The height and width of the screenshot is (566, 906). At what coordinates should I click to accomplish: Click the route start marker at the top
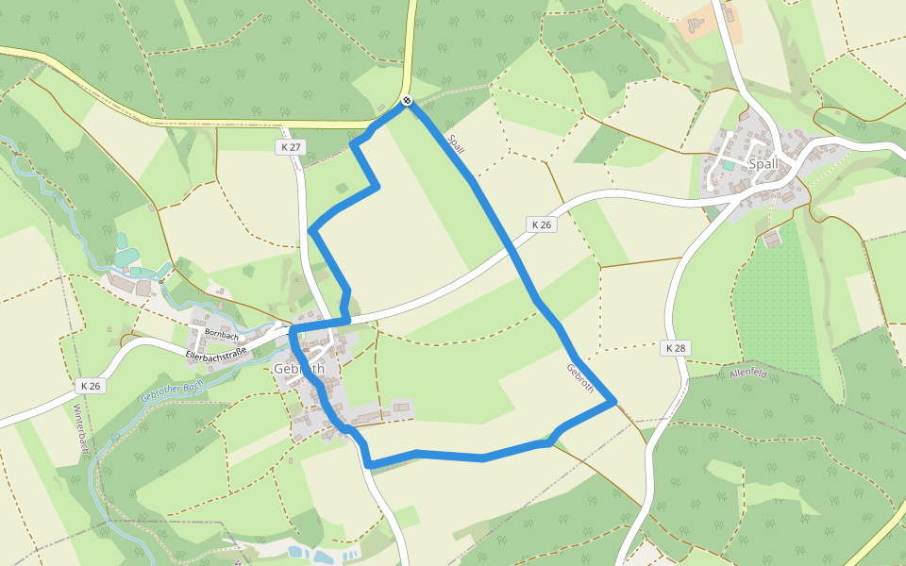pyautogui.click(x=407, y=100)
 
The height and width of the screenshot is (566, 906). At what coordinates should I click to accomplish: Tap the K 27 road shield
pyautogui.click(x=291, y=147)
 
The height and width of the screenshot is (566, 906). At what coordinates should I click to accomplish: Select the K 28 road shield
pyautogui.click(x=675, y=348)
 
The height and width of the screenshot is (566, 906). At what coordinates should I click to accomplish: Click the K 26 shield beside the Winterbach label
pyautogui.click(x=89, y=387)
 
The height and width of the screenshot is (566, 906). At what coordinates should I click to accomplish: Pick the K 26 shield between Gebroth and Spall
pyautogui.click(x=540, y=225)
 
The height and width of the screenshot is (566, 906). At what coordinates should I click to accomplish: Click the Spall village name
pyautogui.click(x=763, y=163)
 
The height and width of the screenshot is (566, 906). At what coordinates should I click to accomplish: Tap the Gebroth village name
pyautogui.click(x=298, y=368)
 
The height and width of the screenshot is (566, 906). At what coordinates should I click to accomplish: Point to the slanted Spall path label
pyautogui.click(x=457, y=144)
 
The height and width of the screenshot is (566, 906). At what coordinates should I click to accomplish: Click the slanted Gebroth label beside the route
pyautogui.click(x=579, y=378)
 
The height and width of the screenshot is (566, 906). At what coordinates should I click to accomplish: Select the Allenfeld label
pyautogui.click(x=748, y=375)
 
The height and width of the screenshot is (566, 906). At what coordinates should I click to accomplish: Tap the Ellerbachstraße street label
pyautogui.click(x=216, y=354)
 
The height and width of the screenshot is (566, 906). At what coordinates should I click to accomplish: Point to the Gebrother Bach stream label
pyautogui.click(x=172, y=391)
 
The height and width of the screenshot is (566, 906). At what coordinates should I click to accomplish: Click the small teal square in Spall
pyautogui.click(x=728, y=165)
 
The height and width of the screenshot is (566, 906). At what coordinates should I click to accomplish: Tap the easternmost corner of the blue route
pyautogui.click(x=615, y=402)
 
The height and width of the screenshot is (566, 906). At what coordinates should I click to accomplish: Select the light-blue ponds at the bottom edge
pyautogui.click(x=321, y=555)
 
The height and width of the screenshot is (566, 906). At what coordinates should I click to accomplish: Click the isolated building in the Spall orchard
pyautogui.click(x=772, y=239)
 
